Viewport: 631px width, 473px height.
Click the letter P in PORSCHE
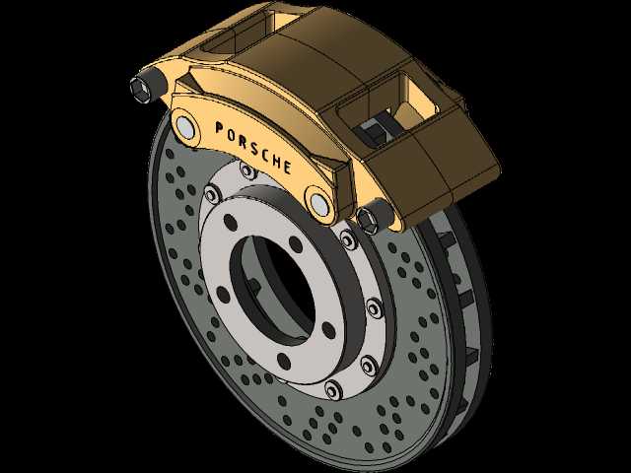(220, 128)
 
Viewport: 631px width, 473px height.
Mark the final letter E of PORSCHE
(287, 167)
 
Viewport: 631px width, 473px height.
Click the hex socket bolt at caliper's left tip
(140, 88)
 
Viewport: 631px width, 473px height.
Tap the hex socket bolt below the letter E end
(369, 220)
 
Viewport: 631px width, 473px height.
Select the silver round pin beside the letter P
(185, 127)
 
